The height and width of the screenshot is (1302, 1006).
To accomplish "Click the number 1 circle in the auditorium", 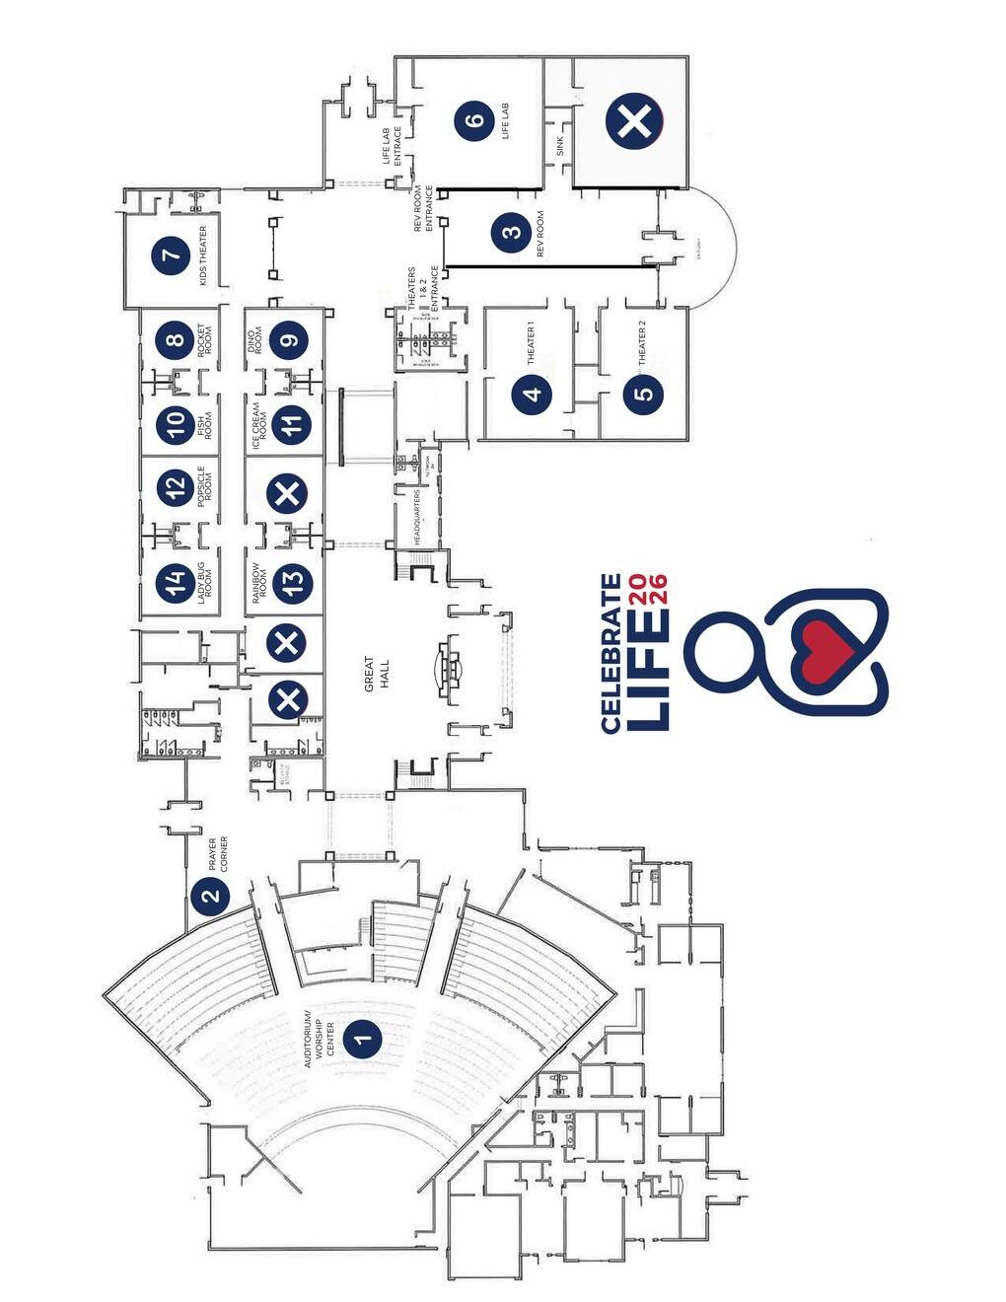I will click(363, 1037).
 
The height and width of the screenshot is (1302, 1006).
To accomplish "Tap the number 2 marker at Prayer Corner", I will click(210, 897).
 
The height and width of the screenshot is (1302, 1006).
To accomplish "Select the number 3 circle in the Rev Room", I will click(511, 234).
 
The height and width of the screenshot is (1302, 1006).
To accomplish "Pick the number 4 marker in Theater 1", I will click(533, 395).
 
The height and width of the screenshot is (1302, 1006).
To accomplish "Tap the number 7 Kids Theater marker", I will click(173, 255).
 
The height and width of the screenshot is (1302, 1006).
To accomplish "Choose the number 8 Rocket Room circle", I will click(176, 341).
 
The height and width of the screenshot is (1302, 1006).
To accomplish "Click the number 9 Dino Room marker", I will click(288, 341).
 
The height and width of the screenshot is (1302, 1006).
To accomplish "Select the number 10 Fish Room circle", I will click(176, 425).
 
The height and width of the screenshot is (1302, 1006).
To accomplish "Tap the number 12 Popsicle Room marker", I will click(176, 486).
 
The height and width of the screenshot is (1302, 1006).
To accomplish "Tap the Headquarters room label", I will click(417, 517).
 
